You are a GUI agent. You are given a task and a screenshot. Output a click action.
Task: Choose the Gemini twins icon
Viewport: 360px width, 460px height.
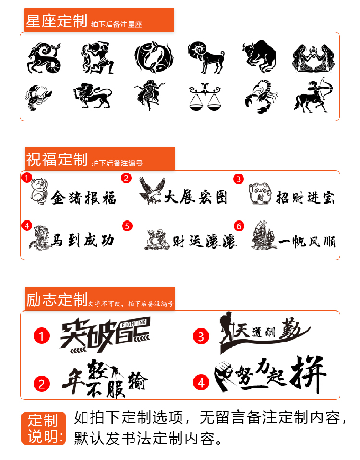[x=314, y=58]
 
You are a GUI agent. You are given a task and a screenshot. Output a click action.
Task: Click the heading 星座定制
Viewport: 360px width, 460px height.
[x=57, y=21]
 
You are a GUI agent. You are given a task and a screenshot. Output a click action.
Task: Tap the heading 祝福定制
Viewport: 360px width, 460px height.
[x=57, y=159]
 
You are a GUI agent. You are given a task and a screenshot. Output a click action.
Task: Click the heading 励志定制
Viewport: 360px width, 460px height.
[x=57, y=299]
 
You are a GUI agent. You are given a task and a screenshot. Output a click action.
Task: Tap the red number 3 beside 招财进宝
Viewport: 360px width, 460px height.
[x=239, y=179]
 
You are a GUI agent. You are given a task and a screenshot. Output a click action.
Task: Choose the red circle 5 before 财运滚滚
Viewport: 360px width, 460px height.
[x=127, y=226]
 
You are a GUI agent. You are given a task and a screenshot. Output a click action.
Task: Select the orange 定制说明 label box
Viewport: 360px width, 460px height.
[x=43, y=428]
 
